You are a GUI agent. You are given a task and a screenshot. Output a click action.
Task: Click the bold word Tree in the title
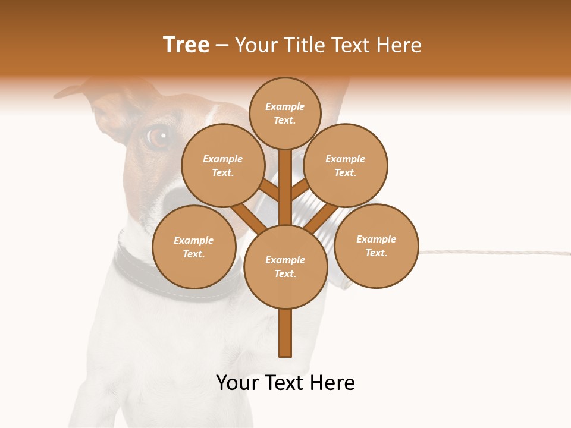186,45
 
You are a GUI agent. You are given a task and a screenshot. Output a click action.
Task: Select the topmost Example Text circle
285,113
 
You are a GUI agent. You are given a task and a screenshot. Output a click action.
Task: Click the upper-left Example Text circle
222,165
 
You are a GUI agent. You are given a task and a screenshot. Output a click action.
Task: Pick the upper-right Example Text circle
346,165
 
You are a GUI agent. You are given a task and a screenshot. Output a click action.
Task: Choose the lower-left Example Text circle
194,247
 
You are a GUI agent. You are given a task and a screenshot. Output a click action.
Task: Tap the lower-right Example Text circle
376,246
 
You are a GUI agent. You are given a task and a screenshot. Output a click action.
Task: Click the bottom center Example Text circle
285,266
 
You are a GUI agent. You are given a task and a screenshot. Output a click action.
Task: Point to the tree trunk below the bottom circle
285,333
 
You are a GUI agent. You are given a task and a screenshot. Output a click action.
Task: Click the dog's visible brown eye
158,137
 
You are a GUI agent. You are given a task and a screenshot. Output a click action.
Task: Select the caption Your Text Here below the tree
285,383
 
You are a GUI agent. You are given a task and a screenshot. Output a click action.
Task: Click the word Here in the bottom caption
334,383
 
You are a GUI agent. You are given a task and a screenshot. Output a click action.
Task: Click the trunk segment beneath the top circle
285,178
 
